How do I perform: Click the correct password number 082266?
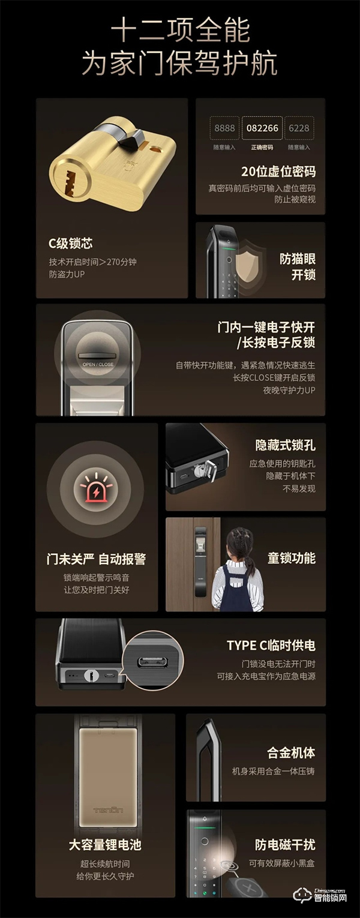(262, 128)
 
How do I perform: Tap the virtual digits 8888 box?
(224, 128)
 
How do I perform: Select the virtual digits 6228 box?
(299, 128)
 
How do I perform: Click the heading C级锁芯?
(71, 244)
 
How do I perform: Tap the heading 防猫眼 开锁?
(298, 267)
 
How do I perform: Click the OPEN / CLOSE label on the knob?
(98, 364)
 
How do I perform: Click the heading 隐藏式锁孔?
(285, 445)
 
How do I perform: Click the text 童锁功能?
(291, 558)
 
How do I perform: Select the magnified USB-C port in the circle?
(148, 662)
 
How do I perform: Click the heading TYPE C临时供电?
(271, 646)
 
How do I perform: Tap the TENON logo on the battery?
(109, 810)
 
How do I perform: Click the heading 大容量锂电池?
(105, 845)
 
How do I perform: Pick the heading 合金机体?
(291, 752)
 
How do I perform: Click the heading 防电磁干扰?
(285, 845)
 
